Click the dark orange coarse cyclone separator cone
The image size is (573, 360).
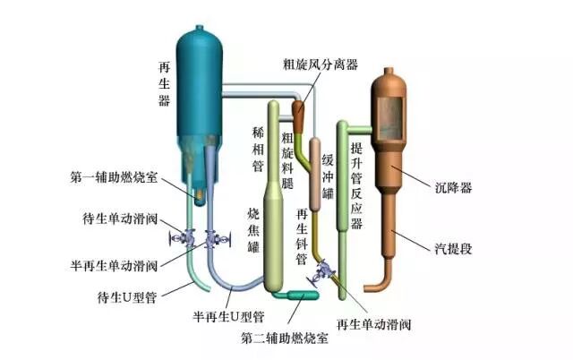point(297,112)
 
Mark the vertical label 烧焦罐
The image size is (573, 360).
point(253,231)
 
